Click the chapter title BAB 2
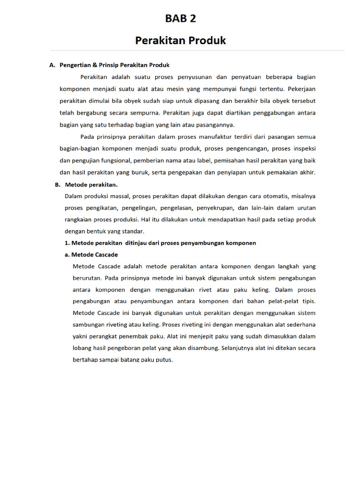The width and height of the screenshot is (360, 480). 180,19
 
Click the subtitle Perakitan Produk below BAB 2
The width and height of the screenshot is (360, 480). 180,41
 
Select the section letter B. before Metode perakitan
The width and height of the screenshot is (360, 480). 57,185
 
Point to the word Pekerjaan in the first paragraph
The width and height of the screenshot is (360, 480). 300,89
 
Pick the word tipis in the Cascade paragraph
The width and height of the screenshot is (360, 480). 307,301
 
